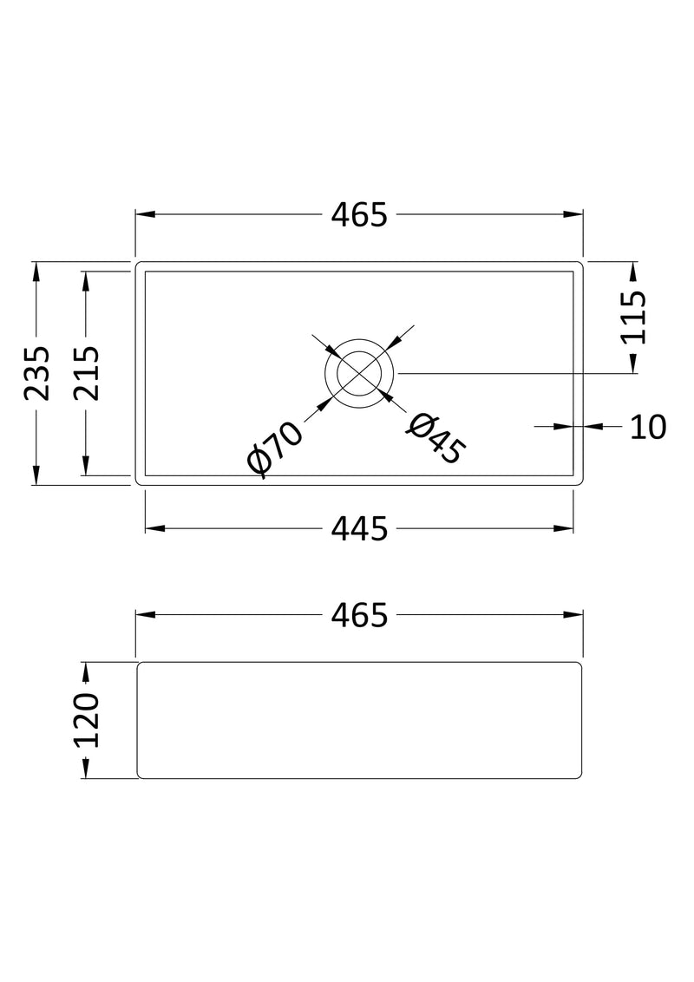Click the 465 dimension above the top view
[x=358, y=214]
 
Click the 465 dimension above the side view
[x=358, y=615]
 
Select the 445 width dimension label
[x=358, y=528]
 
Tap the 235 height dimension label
[x=36, y=373]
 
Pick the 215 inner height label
[x=85, y=373]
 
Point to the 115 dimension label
[x=634, y=318]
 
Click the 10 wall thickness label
[x=646, y=426]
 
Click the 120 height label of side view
[x=87, y=720]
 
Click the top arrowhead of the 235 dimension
[x=36, y=272]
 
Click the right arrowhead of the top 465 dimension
[x=573, y=214]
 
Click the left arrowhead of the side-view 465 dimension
[x=145, y=615]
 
